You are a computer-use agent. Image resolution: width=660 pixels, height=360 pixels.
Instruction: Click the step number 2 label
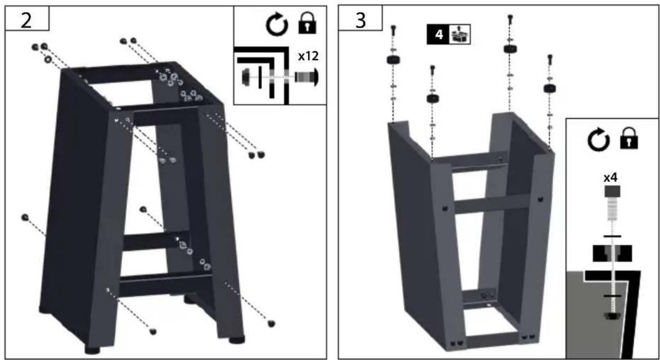pos(26,20)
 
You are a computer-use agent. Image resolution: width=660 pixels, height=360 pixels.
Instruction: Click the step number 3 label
pos(361,20)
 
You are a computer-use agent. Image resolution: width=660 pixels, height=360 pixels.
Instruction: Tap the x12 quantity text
pos(308,56)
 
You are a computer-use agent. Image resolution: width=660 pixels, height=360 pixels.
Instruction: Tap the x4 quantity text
pos(610,178)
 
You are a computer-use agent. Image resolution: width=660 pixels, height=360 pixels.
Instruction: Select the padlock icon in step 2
pos(307,23)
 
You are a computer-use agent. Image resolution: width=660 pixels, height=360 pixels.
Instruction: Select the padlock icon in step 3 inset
pos(629,138)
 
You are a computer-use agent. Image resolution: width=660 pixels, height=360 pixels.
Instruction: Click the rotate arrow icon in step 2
pos(277,24)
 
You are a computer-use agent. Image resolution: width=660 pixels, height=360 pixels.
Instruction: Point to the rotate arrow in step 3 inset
pos(599,140)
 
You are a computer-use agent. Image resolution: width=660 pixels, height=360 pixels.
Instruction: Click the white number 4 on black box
pos(439,35)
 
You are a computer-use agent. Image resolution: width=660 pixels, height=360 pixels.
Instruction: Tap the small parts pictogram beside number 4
pos(460,34)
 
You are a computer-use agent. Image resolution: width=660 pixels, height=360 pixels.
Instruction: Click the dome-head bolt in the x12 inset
pos(307,78)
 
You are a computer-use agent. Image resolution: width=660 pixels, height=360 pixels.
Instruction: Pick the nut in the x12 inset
pos(245,77)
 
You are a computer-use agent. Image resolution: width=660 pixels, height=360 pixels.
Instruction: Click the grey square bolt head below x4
pos(612,191)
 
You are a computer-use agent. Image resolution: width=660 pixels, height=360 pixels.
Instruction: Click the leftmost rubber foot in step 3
pos(393,60)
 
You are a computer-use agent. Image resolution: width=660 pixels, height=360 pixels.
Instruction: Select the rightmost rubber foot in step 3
pos(550,88)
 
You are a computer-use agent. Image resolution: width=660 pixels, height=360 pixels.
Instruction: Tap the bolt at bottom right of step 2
pos(271,324)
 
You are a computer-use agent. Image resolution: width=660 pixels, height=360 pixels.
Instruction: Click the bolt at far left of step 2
pos(25,217)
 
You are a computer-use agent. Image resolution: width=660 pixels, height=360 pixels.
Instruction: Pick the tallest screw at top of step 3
pos(510,20)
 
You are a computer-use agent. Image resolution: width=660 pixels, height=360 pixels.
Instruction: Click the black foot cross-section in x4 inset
pos(612,253)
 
